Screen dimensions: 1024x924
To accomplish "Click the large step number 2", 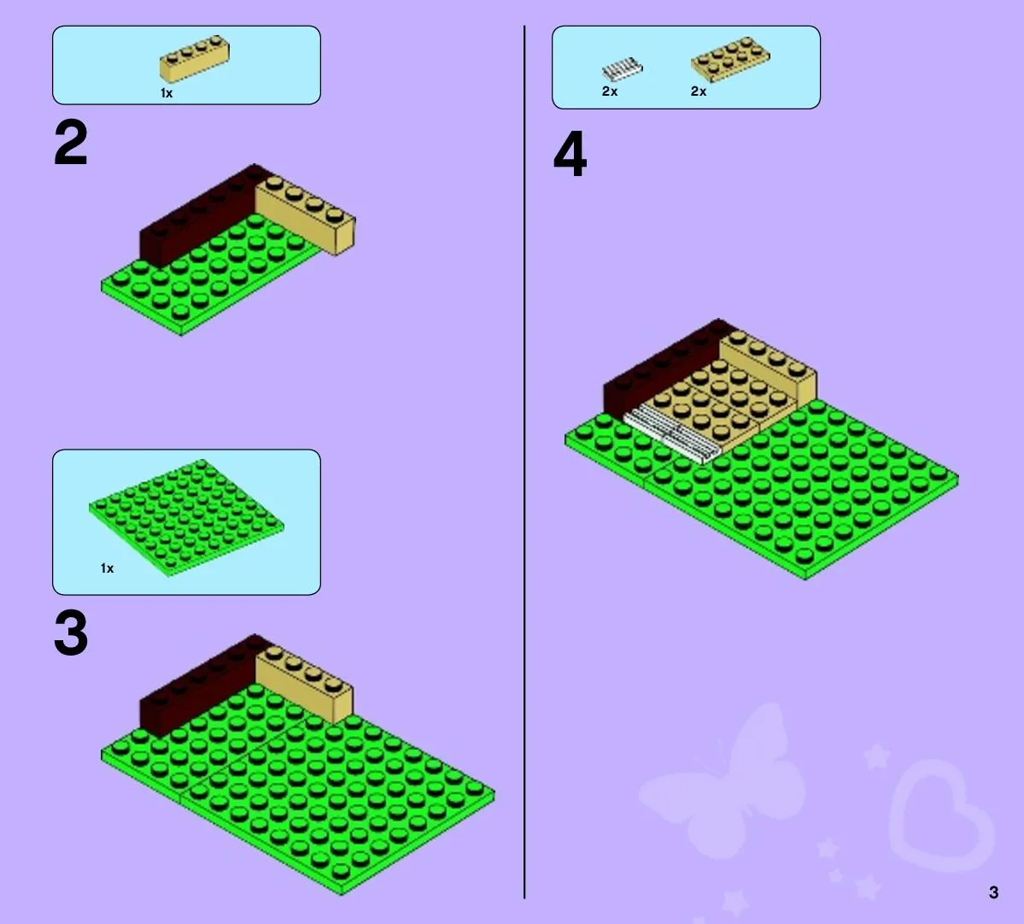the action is [71, 143].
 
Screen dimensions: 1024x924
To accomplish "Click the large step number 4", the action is [570, 154].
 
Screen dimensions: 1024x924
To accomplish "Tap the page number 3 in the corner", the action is [993, 892].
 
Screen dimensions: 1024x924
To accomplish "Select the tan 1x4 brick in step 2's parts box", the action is [195, 58].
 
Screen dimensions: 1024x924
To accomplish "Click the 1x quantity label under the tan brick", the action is [167, 93].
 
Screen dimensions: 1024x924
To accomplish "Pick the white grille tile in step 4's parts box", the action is [622, 68].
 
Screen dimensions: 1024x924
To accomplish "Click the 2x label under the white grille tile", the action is [609, 91].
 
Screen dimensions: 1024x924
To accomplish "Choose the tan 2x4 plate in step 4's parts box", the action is [730, 59].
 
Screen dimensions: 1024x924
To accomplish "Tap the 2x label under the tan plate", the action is [698, 91].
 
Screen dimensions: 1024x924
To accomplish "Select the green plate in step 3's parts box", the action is [187, 517].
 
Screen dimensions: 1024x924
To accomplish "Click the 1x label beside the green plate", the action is [107, 568].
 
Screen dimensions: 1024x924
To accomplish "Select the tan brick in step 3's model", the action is [304, 683].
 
